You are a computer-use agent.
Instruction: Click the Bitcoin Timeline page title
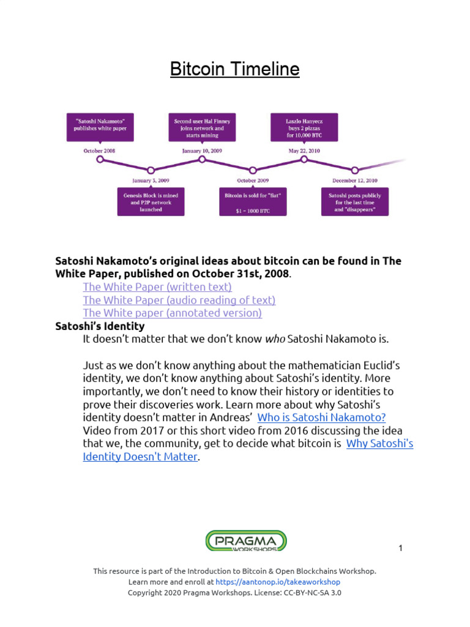234,69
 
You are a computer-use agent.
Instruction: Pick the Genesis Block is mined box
151,201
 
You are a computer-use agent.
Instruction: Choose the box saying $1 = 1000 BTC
252,201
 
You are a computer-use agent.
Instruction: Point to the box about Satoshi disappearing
354,201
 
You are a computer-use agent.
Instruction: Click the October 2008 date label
99,150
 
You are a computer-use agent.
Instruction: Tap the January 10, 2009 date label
202,150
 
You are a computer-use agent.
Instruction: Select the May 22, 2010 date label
304,150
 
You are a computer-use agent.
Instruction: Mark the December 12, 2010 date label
354,180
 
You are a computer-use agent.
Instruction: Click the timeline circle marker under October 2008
100,160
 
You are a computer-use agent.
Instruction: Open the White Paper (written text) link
157,287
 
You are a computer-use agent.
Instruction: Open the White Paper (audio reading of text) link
179,300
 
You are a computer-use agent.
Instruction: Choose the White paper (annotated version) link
172,313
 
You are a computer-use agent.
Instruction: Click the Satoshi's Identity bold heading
100,326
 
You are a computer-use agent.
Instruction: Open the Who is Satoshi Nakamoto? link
321,418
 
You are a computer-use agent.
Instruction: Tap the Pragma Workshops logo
245,541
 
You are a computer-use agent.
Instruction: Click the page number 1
400,548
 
